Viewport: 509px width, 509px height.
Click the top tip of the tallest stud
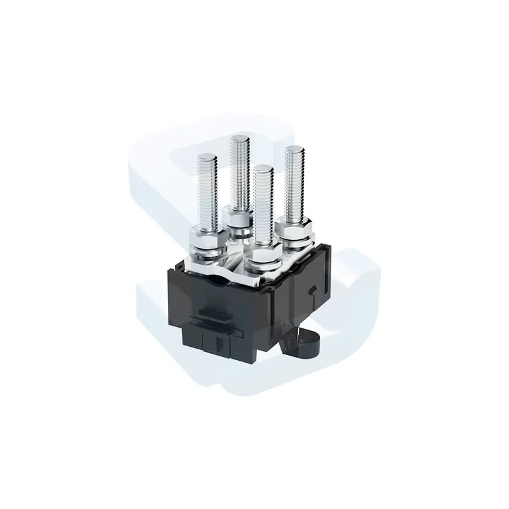(239, 137)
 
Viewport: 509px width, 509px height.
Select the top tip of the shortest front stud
(262, 169)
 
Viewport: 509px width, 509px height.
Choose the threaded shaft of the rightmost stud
(294, 185)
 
